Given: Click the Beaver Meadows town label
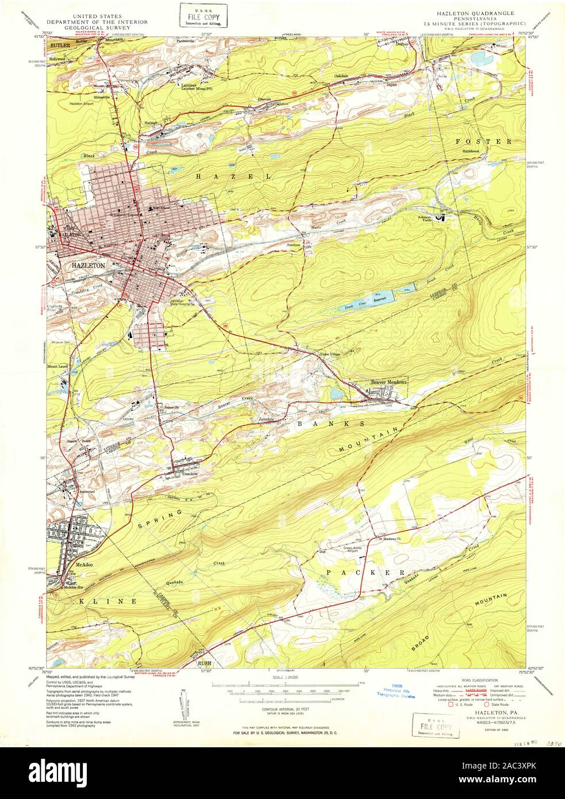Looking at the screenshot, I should (x=388, y=382).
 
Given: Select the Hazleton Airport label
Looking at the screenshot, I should (x=82, y=103).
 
